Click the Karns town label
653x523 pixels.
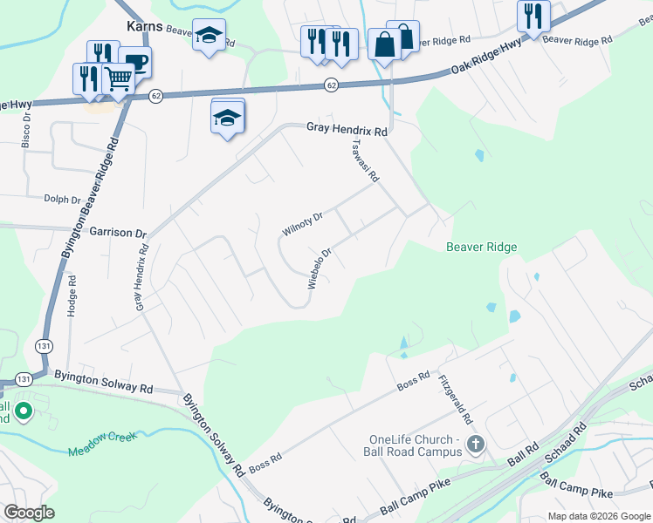pyautogui.click(x=143, y=26)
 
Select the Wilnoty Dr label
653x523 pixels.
pyautogui.click(x=303, y=223)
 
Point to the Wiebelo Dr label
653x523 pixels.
pyautogui.click(x=320, y=269)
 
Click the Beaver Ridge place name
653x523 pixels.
pyautogui.click(x=481, y=248)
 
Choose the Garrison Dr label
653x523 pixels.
pyautogui.click(x=117, y=234)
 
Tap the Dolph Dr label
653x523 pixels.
pyautogui.click(x=62, y=199)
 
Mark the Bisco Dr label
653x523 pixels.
pyautogui.click(x=26, y=129)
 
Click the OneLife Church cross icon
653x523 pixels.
pyautogui.click(x=475, y=445)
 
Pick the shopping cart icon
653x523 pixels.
pyautogui.click(x=119, y=79)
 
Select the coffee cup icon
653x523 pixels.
pyautogui.click(x=135, y=61)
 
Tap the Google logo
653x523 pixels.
pyautogui.click(x=29, y=513)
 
